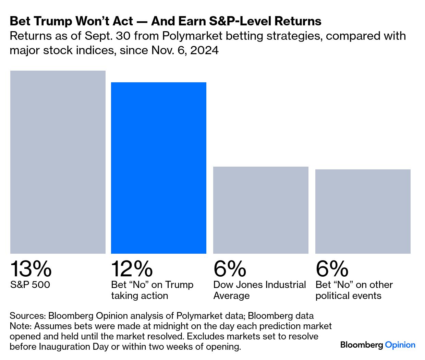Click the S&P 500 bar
[x=58, y=162]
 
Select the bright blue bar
[x=159, y=168]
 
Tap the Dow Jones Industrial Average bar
[x=261, y=210]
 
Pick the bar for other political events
[x=363, y=212]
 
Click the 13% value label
[x=31, y=269]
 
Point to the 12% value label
[x=132, y=269]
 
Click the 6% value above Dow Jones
[x=230, y=269]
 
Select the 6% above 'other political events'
[x=332, y=269]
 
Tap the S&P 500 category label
[x=30, y=285]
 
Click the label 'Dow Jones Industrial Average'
[x=259, y=290]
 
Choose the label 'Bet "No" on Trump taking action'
[x=152, y=290]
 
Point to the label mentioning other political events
[x=354, y=290]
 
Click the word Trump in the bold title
[x=53, y=21]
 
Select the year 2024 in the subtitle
[x=204, y=50]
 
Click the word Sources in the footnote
[x=27, y=315]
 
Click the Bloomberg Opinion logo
[x=378, y=345]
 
